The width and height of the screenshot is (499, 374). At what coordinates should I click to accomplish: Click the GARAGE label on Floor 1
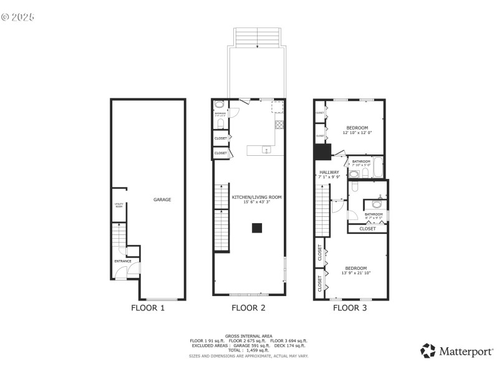tap(162, 199)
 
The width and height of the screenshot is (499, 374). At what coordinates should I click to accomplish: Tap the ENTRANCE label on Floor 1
tap(122, 261)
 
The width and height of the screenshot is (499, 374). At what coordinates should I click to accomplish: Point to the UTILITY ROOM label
tap(119, 206)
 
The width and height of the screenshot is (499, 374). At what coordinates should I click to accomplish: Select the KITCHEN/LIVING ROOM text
tap(256, 197)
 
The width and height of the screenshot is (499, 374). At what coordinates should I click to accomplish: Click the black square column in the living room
tap(256, 228)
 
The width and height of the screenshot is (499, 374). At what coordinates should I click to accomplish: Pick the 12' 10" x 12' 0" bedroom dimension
tap(357, 133)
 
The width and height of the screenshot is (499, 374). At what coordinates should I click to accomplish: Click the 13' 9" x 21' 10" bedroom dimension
tap(356, 273)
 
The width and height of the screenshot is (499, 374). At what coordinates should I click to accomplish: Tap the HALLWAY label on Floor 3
tap(329, 172)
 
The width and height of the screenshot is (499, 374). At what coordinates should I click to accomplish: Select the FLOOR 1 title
tap(148, 307)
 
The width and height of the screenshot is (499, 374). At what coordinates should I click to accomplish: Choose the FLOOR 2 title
tap(248, 307)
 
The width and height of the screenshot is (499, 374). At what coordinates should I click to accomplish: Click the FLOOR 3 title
tap(350, 307)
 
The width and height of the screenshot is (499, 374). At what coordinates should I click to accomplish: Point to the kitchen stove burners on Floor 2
tap(279, 123)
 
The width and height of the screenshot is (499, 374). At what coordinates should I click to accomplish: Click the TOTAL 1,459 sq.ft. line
tap(248, 350)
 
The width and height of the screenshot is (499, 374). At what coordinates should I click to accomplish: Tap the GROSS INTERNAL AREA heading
tap(248, 335)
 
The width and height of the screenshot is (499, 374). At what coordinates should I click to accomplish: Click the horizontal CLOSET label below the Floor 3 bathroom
tap(367, 229)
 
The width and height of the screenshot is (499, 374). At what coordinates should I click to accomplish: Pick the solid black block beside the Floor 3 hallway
tap(322, 152)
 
